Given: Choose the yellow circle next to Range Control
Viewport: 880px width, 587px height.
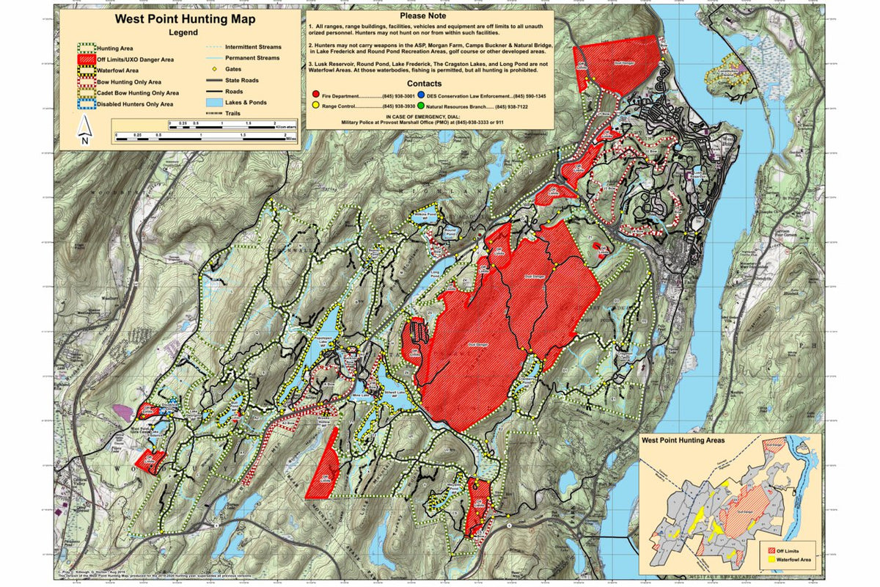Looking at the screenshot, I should click(x=315, y=106).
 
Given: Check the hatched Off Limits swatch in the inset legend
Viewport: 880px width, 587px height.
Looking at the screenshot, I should click(x=769, y=550).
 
